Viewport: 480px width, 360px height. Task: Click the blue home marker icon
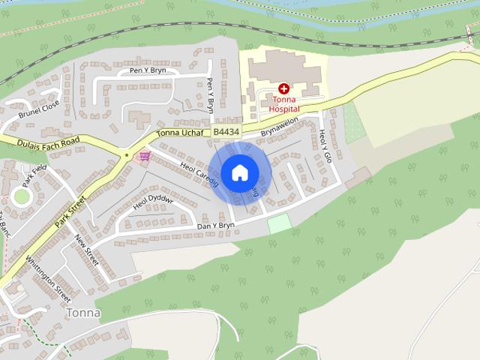coord(238,172)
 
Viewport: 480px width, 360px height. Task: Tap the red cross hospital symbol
coord(284,88)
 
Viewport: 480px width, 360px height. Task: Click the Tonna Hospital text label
coord(284,103)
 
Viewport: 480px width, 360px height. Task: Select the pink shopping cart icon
coord(142,156)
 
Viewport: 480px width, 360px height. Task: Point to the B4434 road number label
coord(226,132)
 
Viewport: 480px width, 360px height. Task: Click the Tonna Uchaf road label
coord(181,133)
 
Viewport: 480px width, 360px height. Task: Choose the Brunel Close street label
coord(39,109)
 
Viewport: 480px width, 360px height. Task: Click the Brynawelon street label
coord(280,126)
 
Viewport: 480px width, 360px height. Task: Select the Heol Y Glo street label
coord(325,142)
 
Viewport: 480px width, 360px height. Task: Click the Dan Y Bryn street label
coord(216,225)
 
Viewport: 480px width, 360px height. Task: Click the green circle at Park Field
coord(21,196)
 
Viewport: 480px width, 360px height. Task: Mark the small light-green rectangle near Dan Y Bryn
coord(278,222)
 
